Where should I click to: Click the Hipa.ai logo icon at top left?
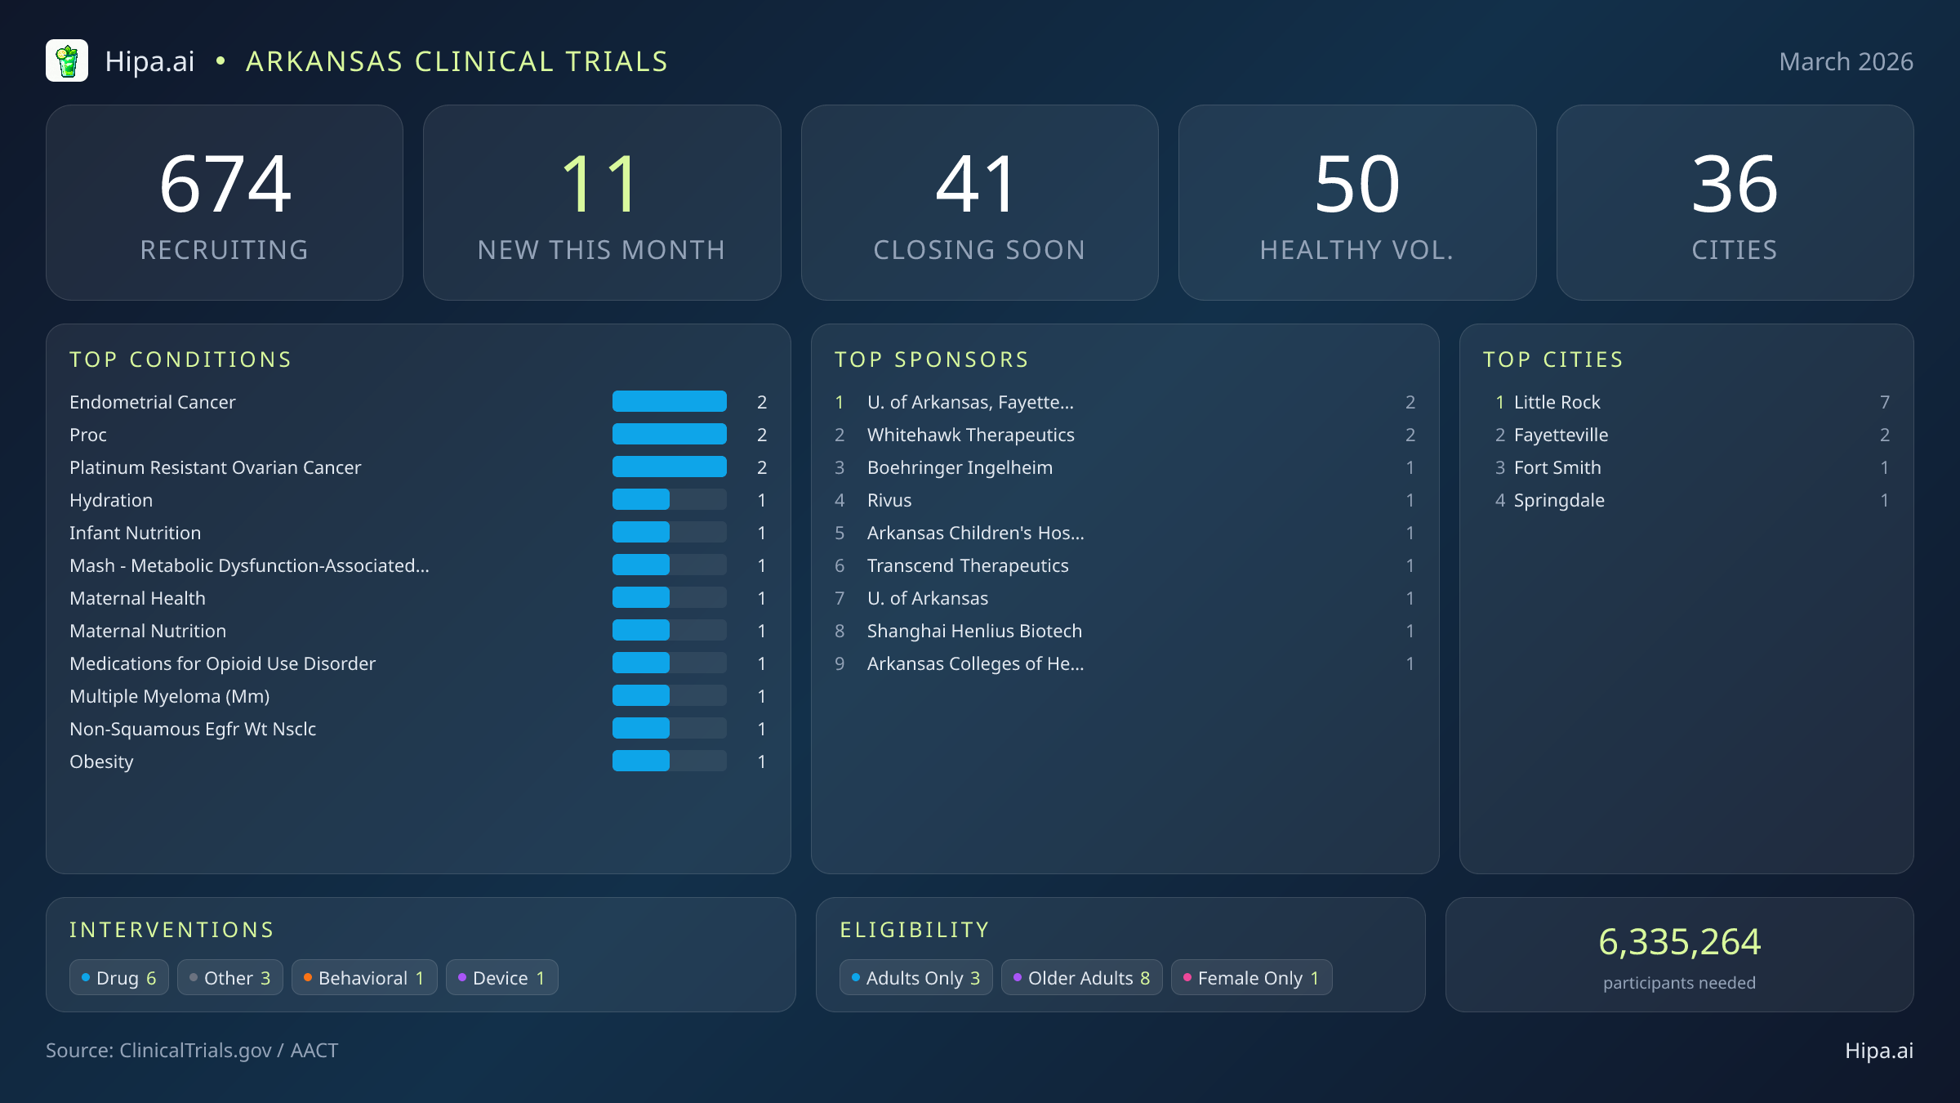coord(67,61)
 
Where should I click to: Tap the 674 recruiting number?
coord(225,185)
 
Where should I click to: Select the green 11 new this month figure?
coord(601,185)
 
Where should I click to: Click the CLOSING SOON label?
coord(979,250)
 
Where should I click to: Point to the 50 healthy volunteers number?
coord(1356,185)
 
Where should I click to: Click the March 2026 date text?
coord(1846,62)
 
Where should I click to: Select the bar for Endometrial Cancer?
coord(669,402)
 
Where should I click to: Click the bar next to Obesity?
coord(669,761)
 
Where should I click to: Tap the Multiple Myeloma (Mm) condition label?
coord(169,696)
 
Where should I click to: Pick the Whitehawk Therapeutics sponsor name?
coord(970,435)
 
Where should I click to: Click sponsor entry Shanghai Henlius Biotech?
coord(973,631)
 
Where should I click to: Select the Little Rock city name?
coord(1557,402)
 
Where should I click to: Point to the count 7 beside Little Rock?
coord(1885,402)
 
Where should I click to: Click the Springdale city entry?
coord(1558,500)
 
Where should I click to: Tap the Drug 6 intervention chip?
coord(119,978)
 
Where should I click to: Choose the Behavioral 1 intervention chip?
coord(364,978)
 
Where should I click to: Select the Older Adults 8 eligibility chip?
coord(1081,978)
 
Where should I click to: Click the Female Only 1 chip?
coord(1251,978)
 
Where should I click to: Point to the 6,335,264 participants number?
coord(1679,942)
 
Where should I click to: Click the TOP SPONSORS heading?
coord(931,359)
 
